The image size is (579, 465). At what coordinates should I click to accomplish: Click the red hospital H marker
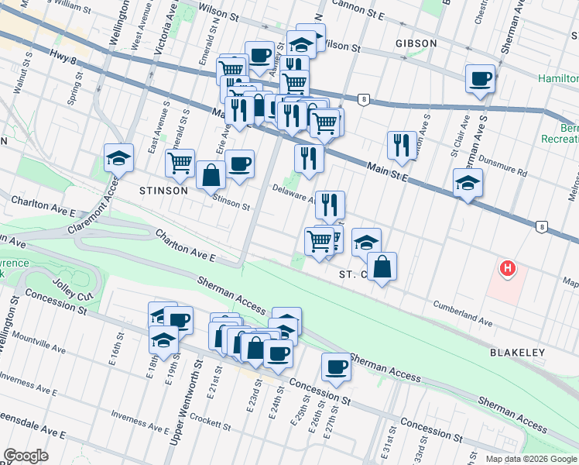pyautogui.click(x=507, y=269)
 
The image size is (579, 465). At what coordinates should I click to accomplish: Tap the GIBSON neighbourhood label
pyautogui.click(x=416, y=43)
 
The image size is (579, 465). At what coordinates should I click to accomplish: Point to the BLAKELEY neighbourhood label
pyautogui.click(x=517, y=352)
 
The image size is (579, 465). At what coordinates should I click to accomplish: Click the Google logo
pyautogui.click(x=26, y=456)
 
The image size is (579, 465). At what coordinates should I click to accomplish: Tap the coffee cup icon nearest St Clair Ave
pyautogui.click(x=480, y=78)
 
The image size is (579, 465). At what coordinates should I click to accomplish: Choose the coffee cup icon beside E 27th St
pyautogui.click(x=336, y=367)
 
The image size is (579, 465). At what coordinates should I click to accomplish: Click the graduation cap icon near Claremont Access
pyautogui.click(x=118, y=158)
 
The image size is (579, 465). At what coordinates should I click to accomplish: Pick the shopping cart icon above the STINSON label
pyautogui.click(x=180, y=163)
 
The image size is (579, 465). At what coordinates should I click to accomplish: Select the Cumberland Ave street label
pyautogui.click(x=462, y=311)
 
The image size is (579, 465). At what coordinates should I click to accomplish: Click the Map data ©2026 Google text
pyautogui.click(x=530, y=459)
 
